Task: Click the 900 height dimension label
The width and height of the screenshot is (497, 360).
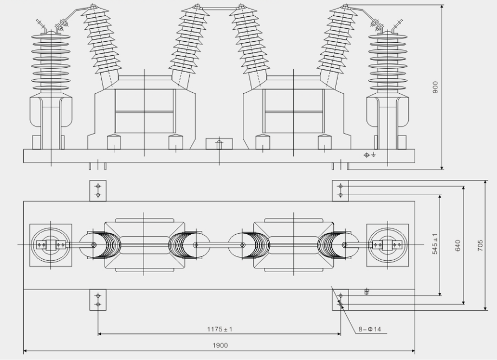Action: (435, 87)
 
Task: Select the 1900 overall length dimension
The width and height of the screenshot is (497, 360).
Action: (220, 345)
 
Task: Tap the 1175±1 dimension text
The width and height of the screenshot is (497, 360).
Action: (220, 329)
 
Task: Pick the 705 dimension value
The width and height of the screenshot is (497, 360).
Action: (480, 245)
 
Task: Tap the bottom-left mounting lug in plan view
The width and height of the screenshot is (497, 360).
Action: (98, 300)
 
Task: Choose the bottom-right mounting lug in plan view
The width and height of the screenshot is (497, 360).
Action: (340, 300)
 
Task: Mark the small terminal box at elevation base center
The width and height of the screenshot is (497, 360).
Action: (219, 144)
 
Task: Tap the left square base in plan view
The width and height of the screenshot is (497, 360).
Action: (50, 245)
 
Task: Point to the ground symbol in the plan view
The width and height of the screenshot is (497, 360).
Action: (367, 292)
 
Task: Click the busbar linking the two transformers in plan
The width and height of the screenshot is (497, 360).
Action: (220, 245)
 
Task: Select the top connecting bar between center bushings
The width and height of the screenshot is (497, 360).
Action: (220, 9)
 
